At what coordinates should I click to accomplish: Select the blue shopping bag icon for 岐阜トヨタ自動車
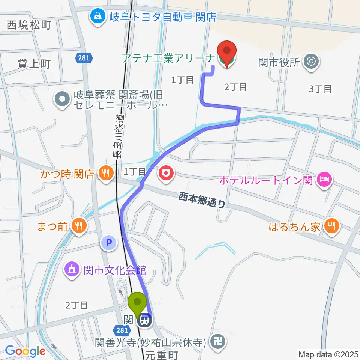pyautogui.click(x=97, y=17)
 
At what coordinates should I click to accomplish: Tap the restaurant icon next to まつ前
pyautogui.click(x=79, y=226)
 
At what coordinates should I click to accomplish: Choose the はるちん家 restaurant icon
pyautogui.click(x=331, y=226)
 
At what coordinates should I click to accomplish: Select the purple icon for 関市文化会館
pyautogui.click(x=71, y=269)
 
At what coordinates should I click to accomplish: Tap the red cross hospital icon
pyautogui.click(x=165, y=173)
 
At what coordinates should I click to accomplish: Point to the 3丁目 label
pyautogui.click(x=320, y=89)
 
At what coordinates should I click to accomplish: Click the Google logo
pyautogui.click(x=25, y=351)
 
